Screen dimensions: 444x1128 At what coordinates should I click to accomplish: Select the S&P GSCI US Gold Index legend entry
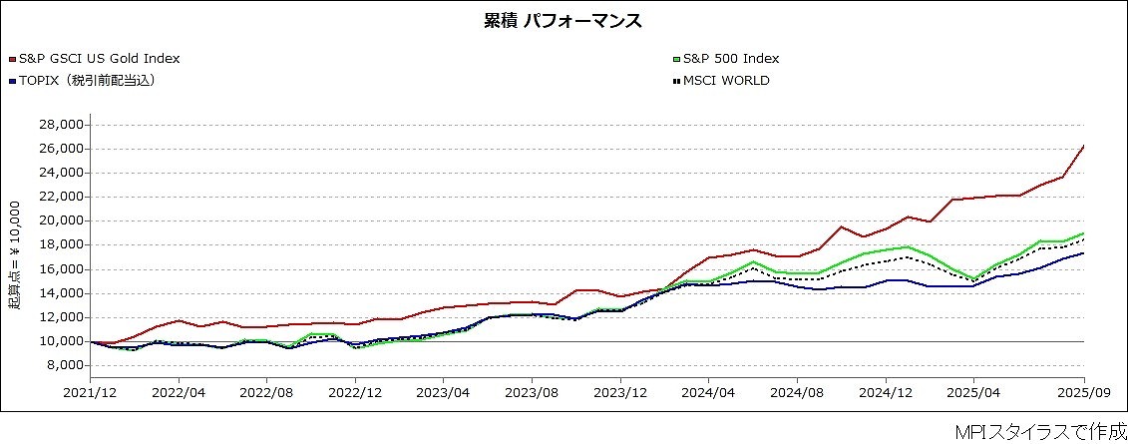click(x=99, y=59)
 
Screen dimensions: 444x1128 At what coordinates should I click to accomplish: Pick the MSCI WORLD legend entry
click(x=727, y=81)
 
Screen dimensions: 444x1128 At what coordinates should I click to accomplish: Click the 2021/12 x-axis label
click(x=91, y=394)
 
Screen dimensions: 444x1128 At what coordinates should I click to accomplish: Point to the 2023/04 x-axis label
click(x=444, y=394)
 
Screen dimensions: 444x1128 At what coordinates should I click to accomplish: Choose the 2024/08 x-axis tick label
click(x=797, y=394)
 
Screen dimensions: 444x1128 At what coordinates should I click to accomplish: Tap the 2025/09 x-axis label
click(x=1083, y=394)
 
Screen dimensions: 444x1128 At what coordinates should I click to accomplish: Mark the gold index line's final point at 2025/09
click(x=1083, y=147)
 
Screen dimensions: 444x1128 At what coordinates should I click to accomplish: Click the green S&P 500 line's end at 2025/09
click(x=1083, y=233)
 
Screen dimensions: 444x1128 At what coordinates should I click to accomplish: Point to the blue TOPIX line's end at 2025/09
click(x=1083, y=253)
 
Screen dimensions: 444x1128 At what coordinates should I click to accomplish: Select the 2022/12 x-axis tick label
click(x=356, y=394)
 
